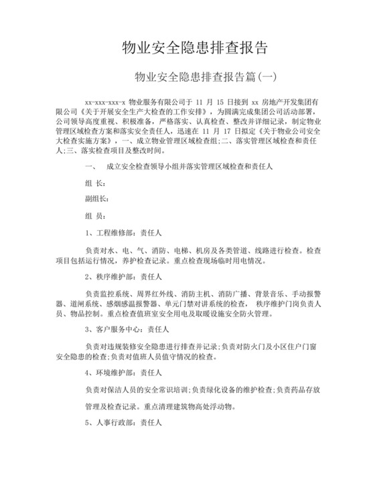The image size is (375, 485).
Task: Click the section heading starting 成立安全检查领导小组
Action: [201, 166]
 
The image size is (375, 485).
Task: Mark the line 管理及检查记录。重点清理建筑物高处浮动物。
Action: [169, 406]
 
